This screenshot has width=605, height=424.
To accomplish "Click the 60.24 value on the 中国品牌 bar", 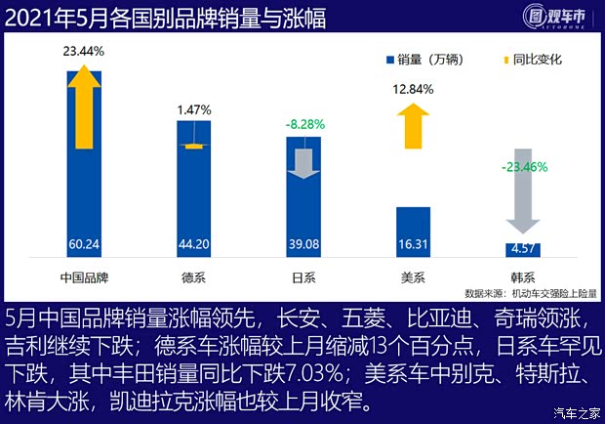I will click(84, 245).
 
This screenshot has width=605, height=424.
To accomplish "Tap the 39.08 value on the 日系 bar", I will click(304, 245).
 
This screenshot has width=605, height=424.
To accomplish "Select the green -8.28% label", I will click(304, 125).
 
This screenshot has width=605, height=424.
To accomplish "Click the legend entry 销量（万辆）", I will click(429, 61).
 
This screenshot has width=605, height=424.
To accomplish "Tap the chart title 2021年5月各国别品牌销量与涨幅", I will click(166, 18).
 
